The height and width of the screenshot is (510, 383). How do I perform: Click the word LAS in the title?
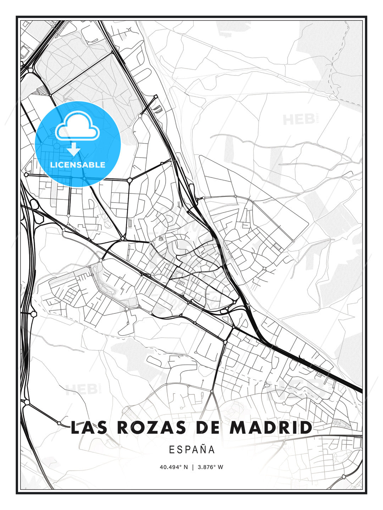click(89, 427)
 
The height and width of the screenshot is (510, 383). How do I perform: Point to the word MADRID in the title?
click(271, 427)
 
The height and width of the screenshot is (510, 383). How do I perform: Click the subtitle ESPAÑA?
click(192, 450)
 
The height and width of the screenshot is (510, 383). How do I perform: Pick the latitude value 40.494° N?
click(174, 467)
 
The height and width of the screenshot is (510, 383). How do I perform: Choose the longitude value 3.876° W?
click(211, 467)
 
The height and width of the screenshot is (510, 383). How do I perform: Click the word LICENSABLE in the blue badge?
click(78, 165)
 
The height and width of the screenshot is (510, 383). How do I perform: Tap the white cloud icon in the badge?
click(77, 126)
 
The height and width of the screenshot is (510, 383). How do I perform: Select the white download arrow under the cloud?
click(74, 149)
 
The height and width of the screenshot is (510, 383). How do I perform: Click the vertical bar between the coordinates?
click(193, 467)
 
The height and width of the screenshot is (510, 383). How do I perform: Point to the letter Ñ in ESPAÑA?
click(202, 450)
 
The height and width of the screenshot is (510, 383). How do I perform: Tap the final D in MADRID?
click(306, 427)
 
